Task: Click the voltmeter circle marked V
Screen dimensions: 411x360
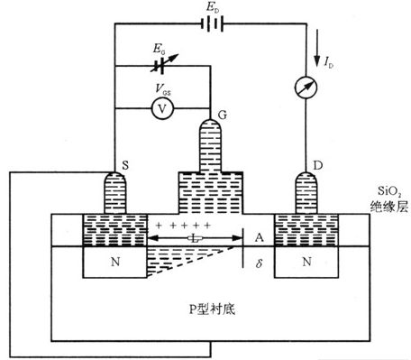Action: [x=162, y=108]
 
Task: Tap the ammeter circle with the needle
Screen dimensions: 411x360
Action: [x=306, y=88]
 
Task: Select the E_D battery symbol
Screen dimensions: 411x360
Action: [x=212, y=23]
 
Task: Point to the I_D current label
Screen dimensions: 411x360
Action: [x=329, y=62]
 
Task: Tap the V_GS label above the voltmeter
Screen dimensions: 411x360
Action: [x=163, y=89]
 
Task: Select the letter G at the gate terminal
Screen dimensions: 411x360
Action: [x=223, y=115]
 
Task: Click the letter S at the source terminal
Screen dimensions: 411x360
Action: [x=125, y=165]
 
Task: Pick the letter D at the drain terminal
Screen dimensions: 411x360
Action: [x=318, y=165]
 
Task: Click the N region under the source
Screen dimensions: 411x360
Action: [x=115, y=262]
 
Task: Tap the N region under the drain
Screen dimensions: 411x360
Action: [x=306, y=262]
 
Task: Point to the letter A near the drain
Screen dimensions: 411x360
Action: [x=259, y=237]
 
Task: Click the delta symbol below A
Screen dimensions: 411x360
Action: [x=259, y=263]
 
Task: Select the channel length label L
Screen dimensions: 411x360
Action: [x=195, y=239]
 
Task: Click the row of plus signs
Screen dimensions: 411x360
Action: [x=183, y=225]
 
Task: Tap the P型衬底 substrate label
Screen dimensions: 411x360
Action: [x=212, y=309]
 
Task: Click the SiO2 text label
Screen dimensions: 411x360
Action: [x=388, y=190]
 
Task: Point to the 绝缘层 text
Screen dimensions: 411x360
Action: [x=388, y=207]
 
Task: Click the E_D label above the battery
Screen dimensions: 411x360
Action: [x=213, y=8]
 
